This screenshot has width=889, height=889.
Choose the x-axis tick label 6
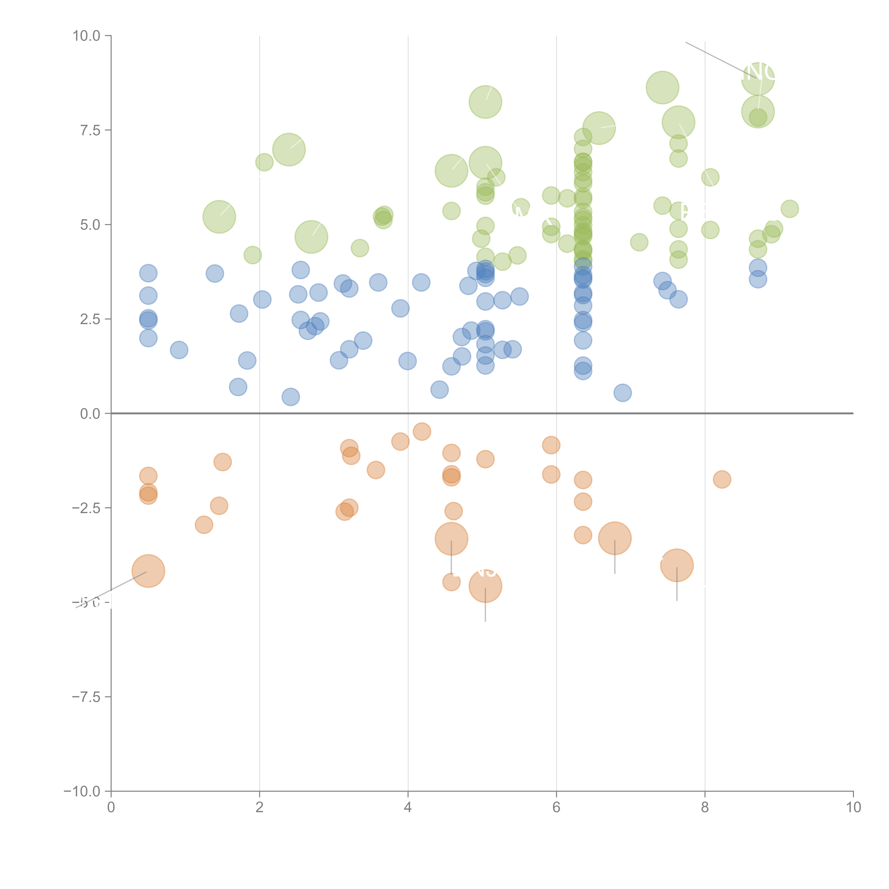(556, 808)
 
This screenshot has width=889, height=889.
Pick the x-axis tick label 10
(853, 808)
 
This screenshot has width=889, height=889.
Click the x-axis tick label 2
(260, 808)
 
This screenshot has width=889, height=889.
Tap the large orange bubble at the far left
(148, 571)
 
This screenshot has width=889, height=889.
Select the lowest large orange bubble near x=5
(485, 586)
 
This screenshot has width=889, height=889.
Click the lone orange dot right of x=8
(722, 480)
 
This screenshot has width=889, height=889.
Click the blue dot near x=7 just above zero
(623, 393)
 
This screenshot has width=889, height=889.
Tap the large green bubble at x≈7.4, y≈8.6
(663, 87)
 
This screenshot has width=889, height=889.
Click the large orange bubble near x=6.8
(615, 538)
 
